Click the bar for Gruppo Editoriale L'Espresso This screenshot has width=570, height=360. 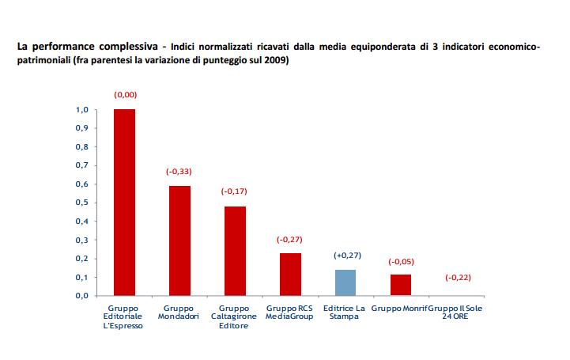coord(124,203)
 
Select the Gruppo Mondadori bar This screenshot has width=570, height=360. coord(179,241)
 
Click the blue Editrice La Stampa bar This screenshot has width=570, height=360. coord(345,282)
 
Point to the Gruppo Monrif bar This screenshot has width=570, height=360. coord(401,285)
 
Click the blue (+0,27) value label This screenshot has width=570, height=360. coord(345,256)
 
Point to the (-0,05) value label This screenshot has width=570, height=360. coord(401,261)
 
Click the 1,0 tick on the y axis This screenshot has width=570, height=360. coord(81,109)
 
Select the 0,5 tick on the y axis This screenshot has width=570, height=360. coord(81,203)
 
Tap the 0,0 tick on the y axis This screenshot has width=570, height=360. coord(81,296)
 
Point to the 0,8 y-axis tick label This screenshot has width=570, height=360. coord(81,146)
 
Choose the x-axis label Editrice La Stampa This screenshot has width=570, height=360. coord(345,312)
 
